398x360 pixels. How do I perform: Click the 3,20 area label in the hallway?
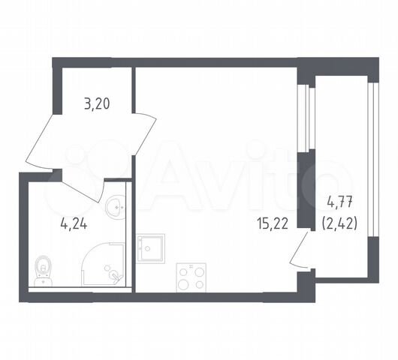(x=97, y=104)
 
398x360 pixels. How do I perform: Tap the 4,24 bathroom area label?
(x=74, y=223)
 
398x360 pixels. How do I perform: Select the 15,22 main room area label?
(x=273, y=224)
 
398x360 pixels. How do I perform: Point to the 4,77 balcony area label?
(x=339, y=203)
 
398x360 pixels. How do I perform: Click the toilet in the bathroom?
(x=43, y=271)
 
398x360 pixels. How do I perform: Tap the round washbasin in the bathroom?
(x=116, y=208)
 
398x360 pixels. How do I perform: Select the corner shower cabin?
(x=104, y=264)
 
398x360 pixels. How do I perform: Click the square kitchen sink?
(x=151, y=248)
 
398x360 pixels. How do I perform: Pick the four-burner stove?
(x=191, y=277)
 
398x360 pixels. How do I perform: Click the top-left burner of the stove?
(x=183, y=272)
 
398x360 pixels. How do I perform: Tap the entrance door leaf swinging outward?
(x=40, y=141)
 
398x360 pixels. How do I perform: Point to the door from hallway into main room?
(x=145, y=133)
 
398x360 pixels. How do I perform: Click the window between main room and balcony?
(x=306, y=118)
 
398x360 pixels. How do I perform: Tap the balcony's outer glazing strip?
(x=373, y=160)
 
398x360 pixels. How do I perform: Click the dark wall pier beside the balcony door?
(x=306, y=190)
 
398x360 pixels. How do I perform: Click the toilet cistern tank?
(x=43, y=282)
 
